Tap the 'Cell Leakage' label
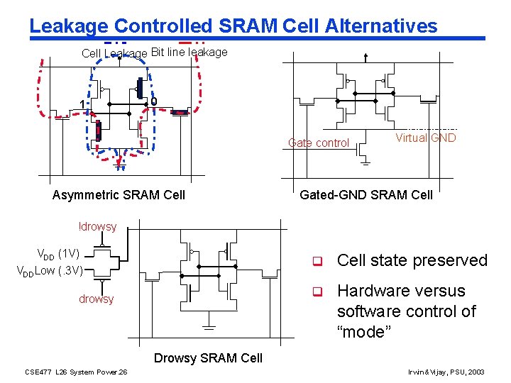(114, 53)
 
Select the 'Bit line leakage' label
(189, 52)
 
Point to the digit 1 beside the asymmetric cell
(82, 105)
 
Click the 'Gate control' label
(319, 143)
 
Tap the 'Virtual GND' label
(425, 138)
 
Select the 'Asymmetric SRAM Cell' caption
(119, 195)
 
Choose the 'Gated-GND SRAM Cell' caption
(366, 195)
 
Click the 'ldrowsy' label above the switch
(97, 226)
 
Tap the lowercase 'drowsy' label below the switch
(96, 299)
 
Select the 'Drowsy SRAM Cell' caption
(208, 358)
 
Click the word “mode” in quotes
(364, 332)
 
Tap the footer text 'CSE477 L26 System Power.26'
(76, 372)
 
